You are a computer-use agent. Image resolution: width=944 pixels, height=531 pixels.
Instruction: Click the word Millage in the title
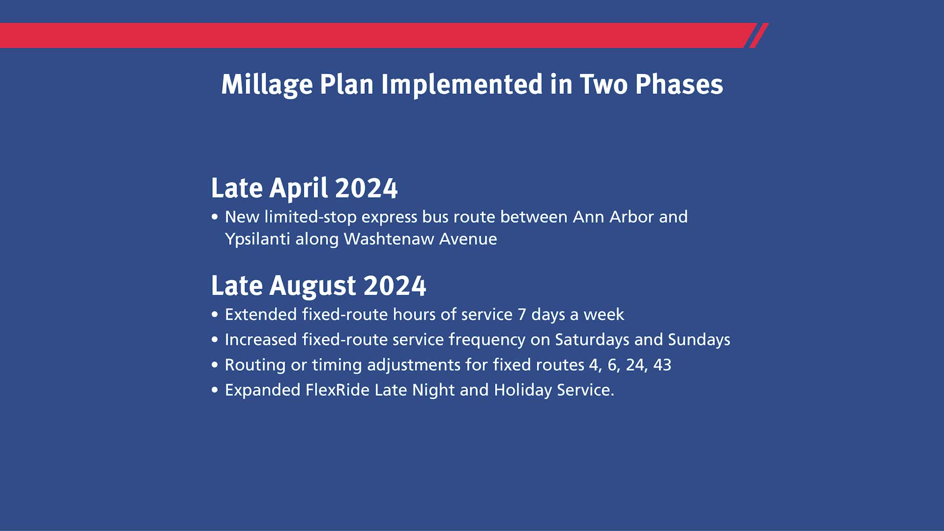[267, 85]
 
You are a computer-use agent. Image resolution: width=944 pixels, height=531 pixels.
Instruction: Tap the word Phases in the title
[679, 84]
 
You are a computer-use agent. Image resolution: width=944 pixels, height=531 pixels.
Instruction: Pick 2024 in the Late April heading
[366, 188]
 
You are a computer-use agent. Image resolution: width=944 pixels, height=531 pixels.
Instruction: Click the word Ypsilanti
[258, 239]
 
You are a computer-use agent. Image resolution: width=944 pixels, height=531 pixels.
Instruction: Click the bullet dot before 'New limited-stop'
[214, 216]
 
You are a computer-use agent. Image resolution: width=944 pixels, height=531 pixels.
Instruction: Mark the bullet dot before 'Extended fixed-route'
[214, 314]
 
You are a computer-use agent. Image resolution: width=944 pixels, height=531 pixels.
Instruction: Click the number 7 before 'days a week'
[522, 315]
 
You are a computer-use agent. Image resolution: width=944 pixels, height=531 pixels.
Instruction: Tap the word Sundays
[699, 340]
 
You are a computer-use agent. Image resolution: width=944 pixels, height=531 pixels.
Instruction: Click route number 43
[662, 365]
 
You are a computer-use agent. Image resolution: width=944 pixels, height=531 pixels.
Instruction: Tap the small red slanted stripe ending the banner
[759, 35]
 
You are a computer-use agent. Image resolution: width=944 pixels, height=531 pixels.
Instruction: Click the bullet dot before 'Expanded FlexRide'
[214, 390]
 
